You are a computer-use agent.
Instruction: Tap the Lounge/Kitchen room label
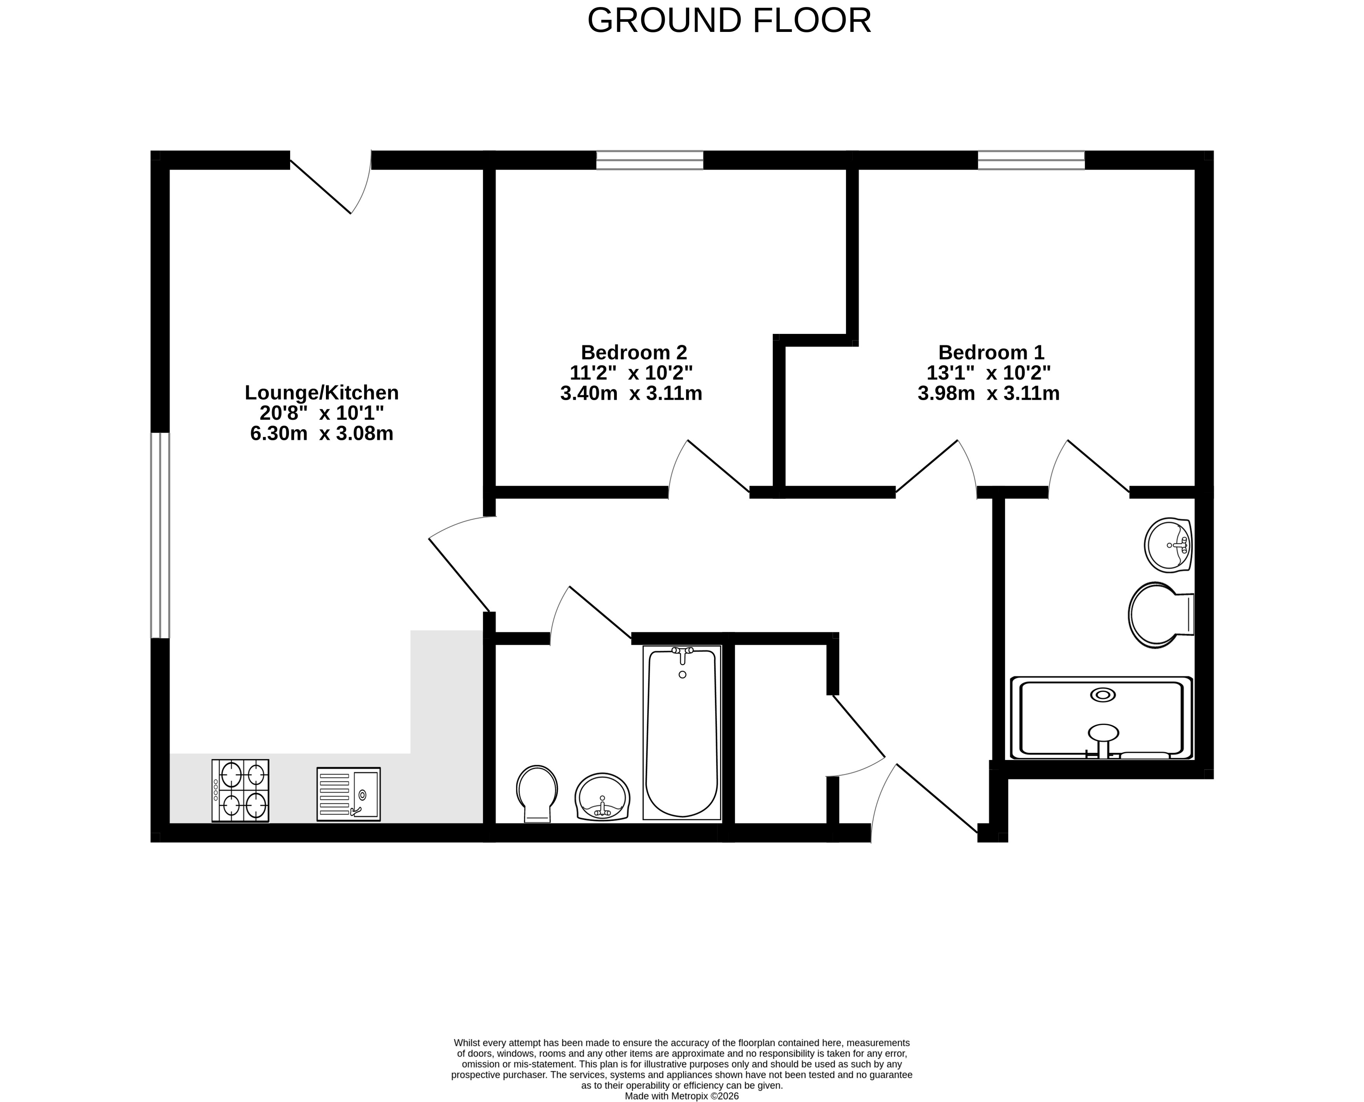322,393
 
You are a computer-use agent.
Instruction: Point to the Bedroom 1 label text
991,352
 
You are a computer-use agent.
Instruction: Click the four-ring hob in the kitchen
240,791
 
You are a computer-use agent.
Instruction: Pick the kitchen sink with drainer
349,794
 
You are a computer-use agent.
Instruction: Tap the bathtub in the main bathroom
682,733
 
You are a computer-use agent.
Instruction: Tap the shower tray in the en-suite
1101,718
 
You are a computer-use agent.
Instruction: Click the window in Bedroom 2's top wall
650,160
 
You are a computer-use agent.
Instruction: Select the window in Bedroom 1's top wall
1031,160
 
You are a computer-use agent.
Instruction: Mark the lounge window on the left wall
160,535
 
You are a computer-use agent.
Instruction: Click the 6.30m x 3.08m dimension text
322,433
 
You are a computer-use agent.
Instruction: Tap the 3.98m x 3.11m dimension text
988,393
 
